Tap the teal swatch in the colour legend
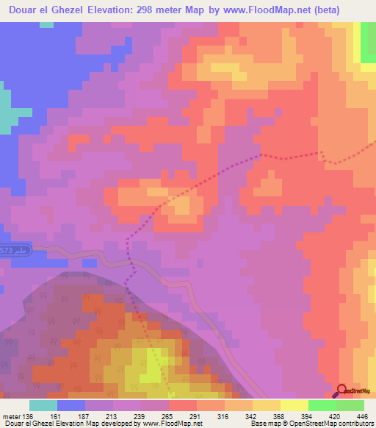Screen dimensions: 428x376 coord(43,404)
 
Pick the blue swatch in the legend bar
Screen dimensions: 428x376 coord(71,404)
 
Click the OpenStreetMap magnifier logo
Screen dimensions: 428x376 coord(343,390)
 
